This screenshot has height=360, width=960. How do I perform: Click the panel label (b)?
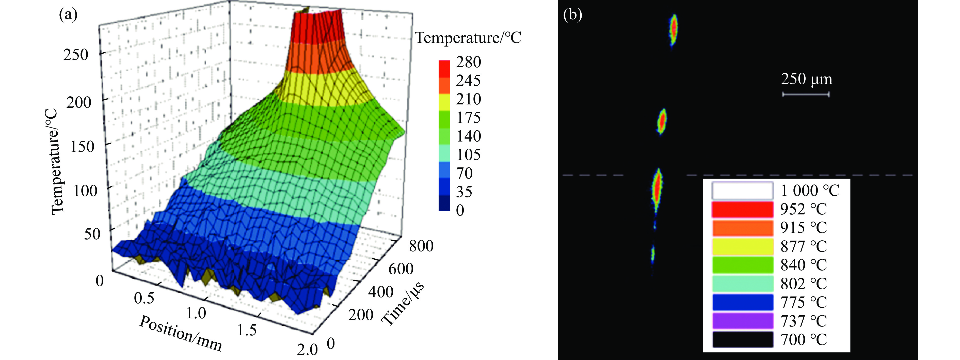pyautogui.click(x=572, y=15)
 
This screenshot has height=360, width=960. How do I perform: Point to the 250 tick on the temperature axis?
pyautogui.click(x=76, y=55)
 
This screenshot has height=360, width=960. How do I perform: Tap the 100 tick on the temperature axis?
pyautogui.click(x=85, y=191)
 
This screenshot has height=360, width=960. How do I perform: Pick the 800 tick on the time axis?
pyautogui.click(x=421, y=246)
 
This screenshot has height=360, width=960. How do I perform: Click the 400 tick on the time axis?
pyautogui.click(x=380, y=292)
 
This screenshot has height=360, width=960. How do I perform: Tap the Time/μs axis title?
pyautogui.click(x=403, y=304)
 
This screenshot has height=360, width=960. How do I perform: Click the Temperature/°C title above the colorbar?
pyautogui.click(x=468, y=38)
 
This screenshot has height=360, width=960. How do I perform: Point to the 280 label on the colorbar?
pyautogui.click(x=469, y=62)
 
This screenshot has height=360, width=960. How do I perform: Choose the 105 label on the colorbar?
pyautogui.click(x=469, y=154)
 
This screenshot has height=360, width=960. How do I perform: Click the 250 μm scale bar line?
pyautogui.click(x=806, y=94)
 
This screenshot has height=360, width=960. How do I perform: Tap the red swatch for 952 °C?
pyautogui.click(x=742, y=209)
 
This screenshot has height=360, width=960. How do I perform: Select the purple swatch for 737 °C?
pyautogui.click(x=742, y=321)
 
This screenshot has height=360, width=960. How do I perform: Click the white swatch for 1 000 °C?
pyautogui.click(x=742, y=191)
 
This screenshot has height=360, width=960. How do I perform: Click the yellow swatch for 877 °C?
pyautogui.click(x=742, y=247)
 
